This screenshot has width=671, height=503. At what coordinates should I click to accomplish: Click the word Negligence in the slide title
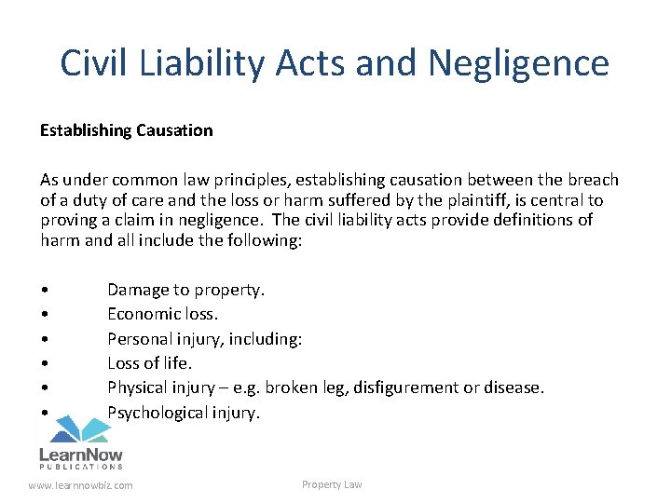519,63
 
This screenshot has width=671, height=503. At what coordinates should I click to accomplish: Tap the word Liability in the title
199,63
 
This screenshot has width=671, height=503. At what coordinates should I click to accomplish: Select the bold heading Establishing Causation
126,130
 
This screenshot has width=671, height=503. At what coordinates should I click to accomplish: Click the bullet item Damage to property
185,290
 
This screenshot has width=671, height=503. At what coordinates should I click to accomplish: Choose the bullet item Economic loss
162,314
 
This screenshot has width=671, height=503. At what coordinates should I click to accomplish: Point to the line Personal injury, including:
204,339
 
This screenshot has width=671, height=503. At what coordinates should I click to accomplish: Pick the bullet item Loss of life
149,363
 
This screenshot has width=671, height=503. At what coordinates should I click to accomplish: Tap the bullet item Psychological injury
183,412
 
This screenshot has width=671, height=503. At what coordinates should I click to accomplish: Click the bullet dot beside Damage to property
45,291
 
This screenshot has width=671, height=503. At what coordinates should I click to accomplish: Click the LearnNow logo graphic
80,442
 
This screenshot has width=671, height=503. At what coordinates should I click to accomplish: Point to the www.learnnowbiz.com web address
81,485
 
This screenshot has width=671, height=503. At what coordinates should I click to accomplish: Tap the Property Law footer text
332,484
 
